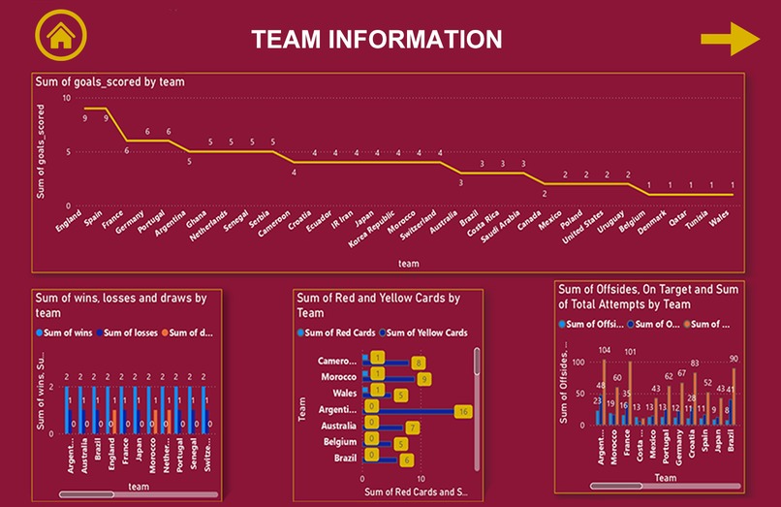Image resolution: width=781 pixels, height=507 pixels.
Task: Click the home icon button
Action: [x=60, y=37]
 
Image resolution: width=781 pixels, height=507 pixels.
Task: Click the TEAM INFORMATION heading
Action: [x=377, y=39]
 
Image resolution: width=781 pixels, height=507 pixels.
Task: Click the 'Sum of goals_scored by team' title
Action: [x=109, y=82]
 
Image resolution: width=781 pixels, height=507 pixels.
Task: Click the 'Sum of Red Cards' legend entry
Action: [x=338, y=333]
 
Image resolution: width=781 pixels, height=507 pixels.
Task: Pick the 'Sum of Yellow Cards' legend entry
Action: [x=425, y=333]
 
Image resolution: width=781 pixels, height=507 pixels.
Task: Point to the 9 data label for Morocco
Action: [x=424, y=379]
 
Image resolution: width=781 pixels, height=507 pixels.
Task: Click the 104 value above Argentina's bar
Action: [x=605, y=350]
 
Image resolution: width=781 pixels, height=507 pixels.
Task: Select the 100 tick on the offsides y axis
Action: [x=579, y=362]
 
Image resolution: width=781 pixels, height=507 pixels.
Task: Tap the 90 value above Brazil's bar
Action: [x=734, y=360]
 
